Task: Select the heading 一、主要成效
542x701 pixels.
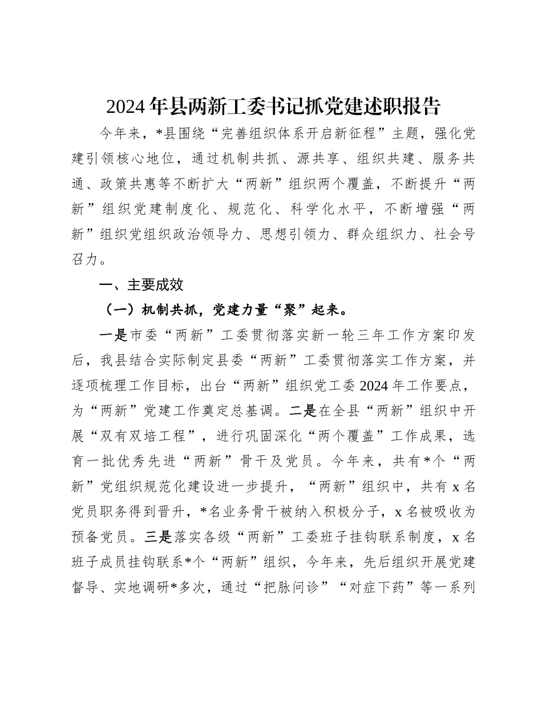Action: click(141, 284)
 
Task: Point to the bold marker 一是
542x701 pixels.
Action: click(113, 335)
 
